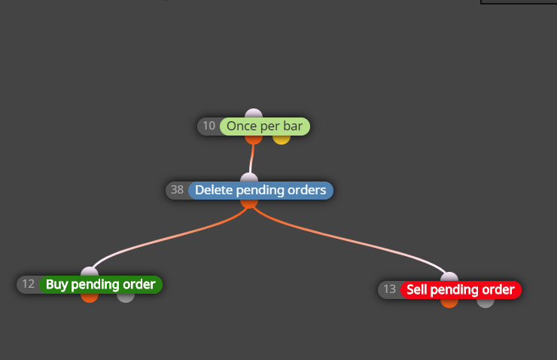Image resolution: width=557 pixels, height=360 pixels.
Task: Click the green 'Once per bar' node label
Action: [x=265, y=127]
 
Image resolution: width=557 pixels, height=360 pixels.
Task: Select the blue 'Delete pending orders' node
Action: [x=260, y=190]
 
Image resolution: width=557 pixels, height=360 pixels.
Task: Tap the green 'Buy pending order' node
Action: [x=101, y=284]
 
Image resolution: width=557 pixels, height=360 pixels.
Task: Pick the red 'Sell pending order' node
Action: [x=461, y=290]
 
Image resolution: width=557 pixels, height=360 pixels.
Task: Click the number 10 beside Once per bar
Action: [x=209, y=126]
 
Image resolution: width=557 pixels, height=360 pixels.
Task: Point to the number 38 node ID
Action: [x=177, y=190]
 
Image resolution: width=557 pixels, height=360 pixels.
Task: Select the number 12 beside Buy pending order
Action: [x=29, y=284]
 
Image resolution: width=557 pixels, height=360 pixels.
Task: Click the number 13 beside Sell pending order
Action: [x=390, y=289]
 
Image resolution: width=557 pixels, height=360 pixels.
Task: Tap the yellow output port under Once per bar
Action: [x=282, y=139]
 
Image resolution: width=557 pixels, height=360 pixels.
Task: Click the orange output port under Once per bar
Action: [x=254, y=139]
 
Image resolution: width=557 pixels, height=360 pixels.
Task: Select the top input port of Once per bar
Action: [x=254, y=114]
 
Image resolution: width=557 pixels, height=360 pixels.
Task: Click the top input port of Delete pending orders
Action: [x=249, y=177]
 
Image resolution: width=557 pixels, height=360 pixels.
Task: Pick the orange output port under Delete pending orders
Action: [x=249, y=203]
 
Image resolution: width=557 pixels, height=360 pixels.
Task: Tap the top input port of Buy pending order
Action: [x=90, y=272]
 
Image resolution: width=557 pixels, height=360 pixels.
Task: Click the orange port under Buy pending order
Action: [x=90, y=297]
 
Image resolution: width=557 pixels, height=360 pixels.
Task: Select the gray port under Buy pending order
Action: [x=126, y=297]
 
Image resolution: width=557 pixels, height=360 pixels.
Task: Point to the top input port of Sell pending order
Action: [x=449, y=277]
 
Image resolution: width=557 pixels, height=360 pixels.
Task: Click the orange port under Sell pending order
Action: [x=449, y=304]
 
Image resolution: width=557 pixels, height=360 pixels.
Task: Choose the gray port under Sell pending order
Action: [x=485, y=304]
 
